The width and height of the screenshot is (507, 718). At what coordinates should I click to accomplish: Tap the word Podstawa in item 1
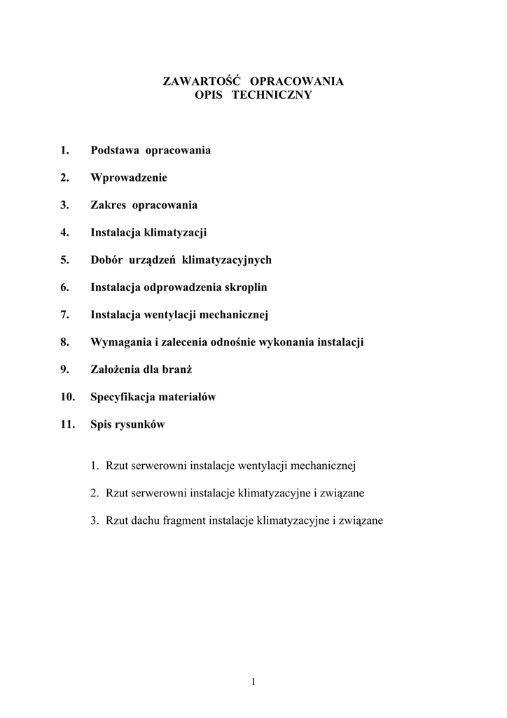[x=115, y=150]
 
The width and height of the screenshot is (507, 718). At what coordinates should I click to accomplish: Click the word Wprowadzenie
[x=129, y=177]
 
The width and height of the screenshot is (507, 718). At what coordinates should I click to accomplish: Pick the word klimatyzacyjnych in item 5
[x=226, y=259]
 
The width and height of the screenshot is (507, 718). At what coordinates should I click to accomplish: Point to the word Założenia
[x=116, y=370]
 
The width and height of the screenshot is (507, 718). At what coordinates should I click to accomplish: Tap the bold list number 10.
[x=67, y=397]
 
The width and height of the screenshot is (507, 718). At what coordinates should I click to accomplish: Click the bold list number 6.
[x=64, y=287]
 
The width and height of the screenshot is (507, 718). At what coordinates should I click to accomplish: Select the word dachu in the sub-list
[x=145, y=521]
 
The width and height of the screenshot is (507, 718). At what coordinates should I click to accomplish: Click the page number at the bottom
[x=253, y=682]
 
